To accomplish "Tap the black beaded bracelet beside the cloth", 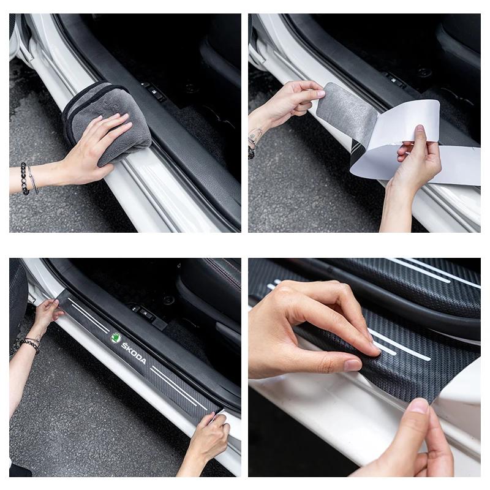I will point(24,178).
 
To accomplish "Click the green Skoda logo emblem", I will point(116,337).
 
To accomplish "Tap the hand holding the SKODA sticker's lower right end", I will point(208,435).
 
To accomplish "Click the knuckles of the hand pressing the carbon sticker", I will point(288,300).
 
